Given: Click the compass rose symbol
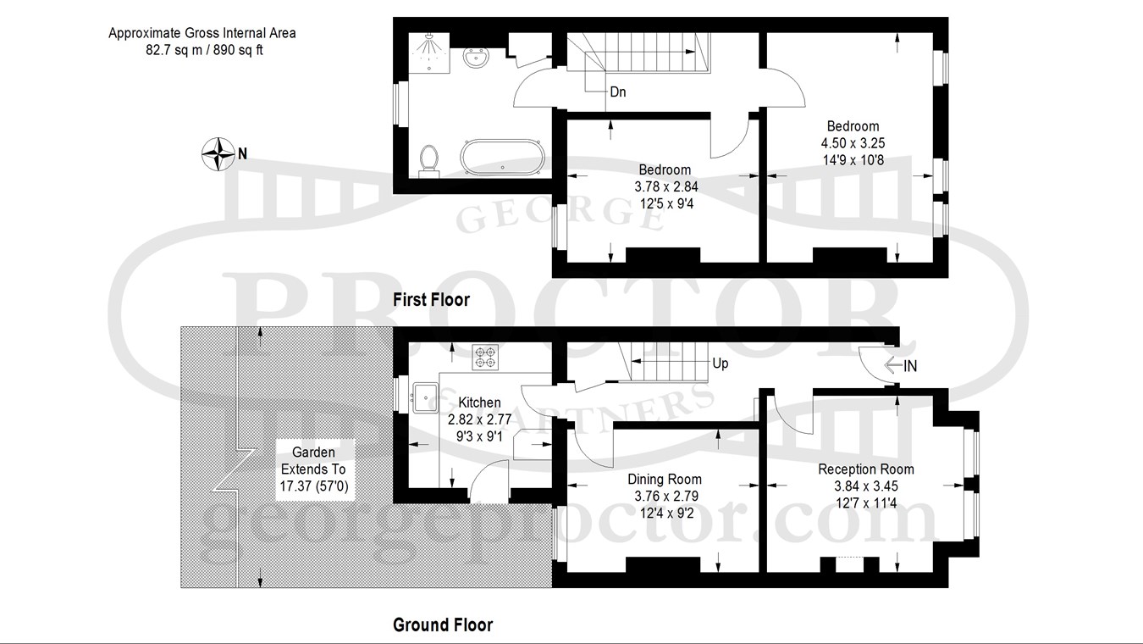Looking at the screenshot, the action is tap(218, 153).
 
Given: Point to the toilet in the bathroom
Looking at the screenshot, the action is tap(428, 161).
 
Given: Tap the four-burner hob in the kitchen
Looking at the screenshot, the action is tap(485, 357).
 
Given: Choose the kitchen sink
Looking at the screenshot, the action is tap(425, 397).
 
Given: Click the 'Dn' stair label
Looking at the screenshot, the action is tap(618, 92).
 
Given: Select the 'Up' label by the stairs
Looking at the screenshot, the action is tap(720, 364).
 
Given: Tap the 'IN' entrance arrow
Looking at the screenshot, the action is tap(900, 366).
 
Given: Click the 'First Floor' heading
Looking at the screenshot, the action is tap(431, 300).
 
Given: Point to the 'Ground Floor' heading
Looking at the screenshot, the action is tap(443, 625).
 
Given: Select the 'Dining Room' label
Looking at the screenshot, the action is tap(665, 479).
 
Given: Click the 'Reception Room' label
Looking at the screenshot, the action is tap(866, 469).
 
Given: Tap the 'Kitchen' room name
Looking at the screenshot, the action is tap(480, 402).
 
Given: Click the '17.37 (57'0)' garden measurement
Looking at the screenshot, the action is tap(314, 486).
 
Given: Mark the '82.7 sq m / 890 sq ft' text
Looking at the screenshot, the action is tap(204, 50).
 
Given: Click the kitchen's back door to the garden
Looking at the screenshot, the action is tap(489, 481).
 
